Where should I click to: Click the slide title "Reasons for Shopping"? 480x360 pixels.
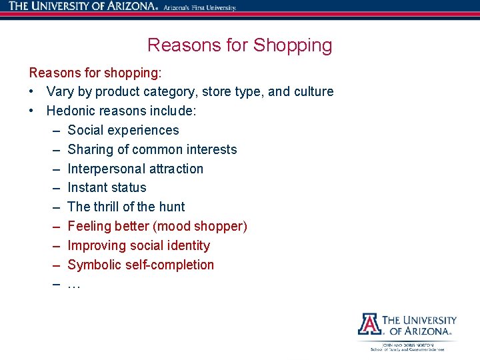[239, 45]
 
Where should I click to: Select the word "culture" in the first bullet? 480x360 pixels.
[311, 91]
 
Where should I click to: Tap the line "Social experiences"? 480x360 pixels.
[123, 130]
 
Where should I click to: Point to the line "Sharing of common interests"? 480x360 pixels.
[152, 149]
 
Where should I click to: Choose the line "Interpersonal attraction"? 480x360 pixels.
[135, 169]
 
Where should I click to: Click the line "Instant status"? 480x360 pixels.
[107, 187]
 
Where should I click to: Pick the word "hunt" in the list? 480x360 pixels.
[172, 207]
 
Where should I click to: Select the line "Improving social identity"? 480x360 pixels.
[139, 245]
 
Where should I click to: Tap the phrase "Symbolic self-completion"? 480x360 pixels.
[141, 265]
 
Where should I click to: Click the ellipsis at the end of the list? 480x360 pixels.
[74, 285]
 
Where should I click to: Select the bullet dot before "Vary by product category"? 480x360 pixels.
[32, 91]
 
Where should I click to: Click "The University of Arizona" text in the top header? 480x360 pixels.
[83, 7]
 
